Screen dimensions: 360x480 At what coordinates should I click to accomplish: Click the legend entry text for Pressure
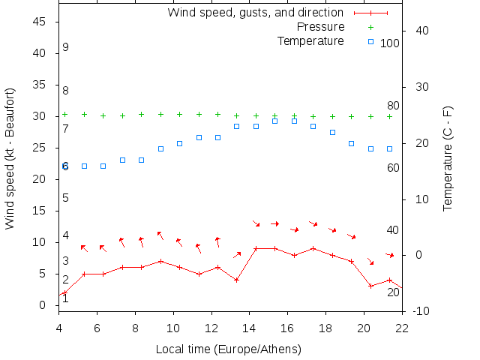click(316, 27)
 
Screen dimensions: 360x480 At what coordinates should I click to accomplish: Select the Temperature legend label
click(310, 40)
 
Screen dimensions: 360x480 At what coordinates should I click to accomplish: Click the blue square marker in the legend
click(370, 41)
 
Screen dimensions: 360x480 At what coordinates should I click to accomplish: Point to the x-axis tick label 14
click(250, 328)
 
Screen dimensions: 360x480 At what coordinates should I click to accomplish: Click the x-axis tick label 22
click(402, 328)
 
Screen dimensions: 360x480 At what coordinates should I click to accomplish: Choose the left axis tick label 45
click(40, 22)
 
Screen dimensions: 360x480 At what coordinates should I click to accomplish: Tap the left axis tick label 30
click(40, 117)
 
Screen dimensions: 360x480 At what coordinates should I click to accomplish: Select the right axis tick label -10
click(421, 311)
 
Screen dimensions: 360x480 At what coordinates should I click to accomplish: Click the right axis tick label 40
click(421, 31)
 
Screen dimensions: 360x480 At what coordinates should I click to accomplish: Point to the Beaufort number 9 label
click(66, 47)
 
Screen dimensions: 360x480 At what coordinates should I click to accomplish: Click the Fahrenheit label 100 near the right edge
click(390, 43)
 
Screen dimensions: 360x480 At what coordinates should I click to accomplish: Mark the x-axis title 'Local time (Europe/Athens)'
click(228, 349)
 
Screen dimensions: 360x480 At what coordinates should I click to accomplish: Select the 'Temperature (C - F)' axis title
click(448, 158)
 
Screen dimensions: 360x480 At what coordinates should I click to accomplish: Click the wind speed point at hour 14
click(256, 248)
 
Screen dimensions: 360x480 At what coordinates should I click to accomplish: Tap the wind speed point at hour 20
click(370, 286)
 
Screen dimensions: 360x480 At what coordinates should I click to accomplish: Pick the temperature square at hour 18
click(332, 132)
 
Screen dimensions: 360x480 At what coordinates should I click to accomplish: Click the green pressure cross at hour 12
click(217, 115)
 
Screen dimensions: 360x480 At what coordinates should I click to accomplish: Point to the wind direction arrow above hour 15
click(274, 223)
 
